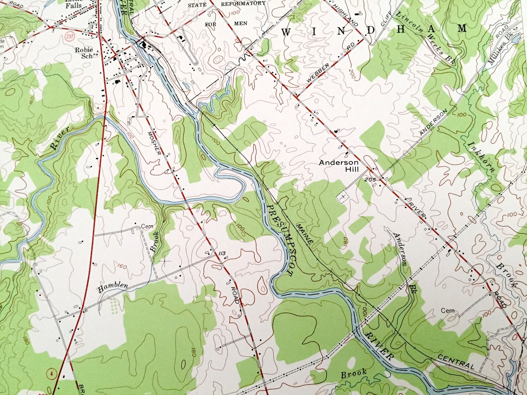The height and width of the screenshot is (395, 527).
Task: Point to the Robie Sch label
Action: click(83, 53)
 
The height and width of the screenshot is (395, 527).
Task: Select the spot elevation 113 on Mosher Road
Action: click(222, 254)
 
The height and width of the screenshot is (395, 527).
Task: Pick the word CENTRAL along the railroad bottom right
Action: click(456, 362)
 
